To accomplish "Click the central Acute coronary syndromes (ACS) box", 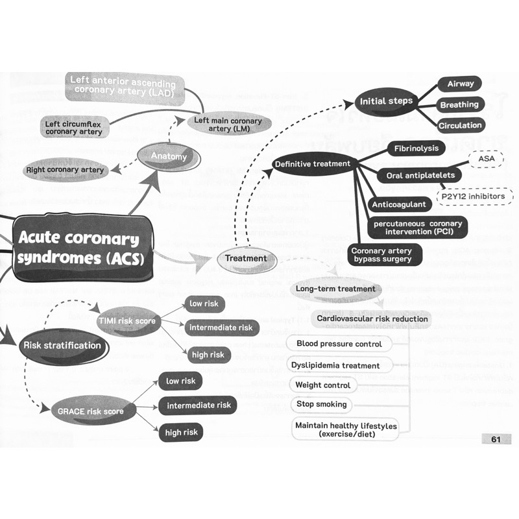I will point(78,248).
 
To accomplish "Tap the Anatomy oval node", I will point(169,156).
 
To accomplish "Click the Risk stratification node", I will point(62,346).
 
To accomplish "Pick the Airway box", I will point(460,84).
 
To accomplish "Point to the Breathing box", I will point(459,104).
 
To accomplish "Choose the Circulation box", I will point(460,125).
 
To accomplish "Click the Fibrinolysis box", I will point(416,149).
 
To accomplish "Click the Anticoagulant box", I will point(399,204).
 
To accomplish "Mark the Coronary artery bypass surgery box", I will point(382,255).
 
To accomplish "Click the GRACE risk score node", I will point(90,411).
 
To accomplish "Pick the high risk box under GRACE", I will point(180,432).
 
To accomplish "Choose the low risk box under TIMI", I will point(204,304).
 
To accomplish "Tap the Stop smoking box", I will point(322,404).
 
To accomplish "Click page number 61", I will point(496,440).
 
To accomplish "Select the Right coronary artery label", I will point(65,170).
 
